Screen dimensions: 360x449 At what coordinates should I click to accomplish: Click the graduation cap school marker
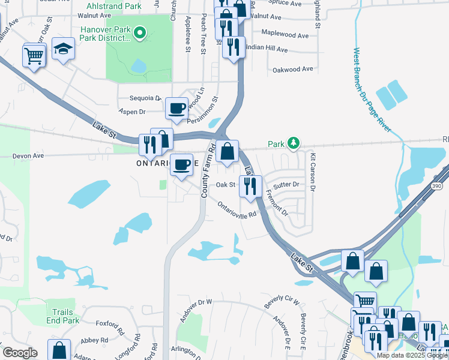tap(63, 49)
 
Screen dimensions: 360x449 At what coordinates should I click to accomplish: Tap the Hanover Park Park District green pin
tap(140, 32)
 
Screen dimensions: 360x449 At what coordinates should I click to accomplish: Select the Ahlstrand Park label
tap(117, 6)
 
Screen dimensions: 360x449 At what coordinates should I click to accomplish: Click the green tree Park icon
tap(293, 143)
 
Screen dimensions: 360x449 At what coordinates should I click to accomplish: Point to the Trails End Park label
tap(62, 316)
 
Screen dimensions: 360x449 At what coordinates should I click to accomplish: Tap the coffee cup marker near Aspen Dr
tap(176, 109)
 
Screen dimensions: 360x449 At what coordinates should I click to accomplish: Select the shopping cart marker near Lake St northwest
tap(34, 56)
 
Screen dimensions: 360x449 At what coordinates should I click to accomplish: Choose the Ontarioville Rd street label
tap(237, 209)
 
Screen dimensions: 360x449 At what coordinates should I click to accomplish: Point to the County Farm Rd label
tap(208, 172)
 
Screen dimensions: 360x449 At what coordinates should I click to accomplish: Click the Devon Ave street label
tap(28, 155)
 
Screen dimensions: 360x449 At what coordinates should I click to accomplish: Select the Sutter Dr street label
tap(287, 185)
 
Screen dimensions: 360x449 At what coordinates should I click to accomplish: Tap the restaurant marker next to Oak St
tap(250, 186)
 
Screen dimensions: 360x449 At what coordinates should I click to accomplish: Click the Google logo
tap(20, 353)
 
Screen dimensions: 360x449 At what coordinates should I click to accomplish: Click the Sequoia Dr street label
tap(145, 98)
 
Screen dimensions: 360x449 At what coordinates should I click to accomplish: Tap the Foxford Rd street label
tap(109, 329)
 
